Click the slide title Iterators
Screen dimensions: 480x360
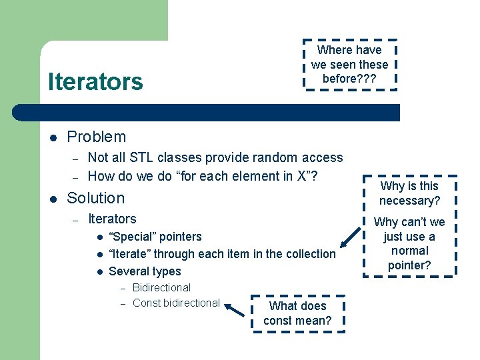click(95, 82)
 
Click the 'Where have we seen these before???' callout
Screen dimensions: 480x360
click(349, 64)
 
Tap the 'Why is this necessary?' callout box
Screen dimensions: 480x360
click(409, 193)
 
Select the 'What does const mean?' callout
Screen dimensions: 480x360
click(297, 313)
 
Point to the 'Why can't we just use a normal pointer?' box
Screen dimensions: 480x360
click(409, 243)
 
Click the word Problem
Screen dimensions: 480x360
click(97, 137)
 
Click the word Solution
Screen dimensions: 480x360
click(96, 198)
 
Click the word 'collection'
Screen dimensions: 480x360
click(310, 254)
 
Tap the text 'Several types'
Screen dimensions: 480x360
click(145, 271)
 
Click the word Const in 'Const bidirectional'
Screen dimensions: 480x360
click(146, 303)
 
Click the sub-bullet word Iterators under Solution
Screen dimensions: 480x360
click(112, 219)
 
